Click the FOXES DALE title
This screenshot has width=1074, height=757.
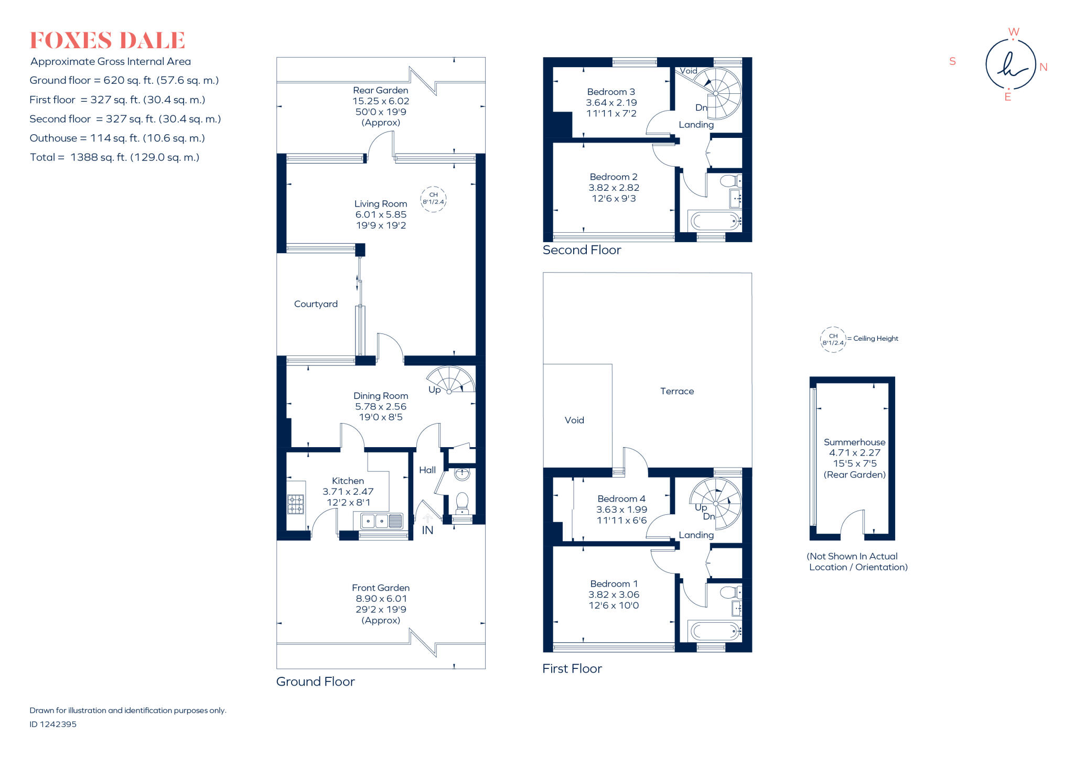107,40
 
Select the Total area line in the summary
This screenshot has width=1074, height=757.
114,157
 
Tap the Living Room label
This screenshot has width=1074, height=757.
380,204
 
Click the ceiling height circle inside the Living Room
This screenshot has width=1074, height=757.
433,199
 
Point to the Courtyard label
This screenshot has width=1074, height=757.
316,304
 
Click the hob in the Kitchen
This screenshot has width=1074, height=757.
295,504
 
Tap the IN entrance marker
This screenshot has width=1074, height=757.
427,530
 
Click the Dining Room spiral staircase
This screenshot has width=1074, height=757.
452,380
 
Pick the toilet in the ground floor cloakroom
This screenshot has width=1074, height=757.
462,502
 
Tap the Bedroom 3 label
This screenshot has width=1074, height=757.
611,92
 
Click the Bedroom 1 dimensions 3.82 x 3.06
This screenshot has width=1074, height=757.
614,594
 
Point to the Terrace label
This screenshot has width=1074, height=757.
676,391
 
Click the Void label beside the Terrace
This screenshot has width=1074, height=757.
574,420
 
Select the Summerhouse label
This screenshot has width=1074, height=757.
854,442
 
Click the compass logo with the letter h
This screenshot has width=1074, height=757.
1011,65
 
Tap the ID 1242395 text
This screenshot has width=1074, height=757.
53,724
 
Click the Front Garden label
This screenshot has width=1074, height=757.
380,588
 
